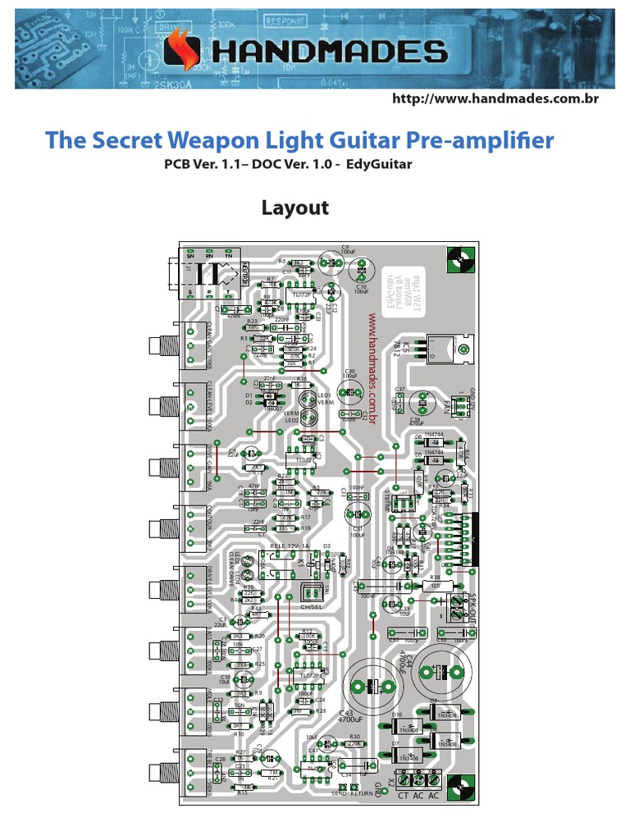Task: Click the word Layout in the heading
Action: click(294, 208)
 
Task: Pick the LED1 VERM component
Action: click(308, 399)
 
